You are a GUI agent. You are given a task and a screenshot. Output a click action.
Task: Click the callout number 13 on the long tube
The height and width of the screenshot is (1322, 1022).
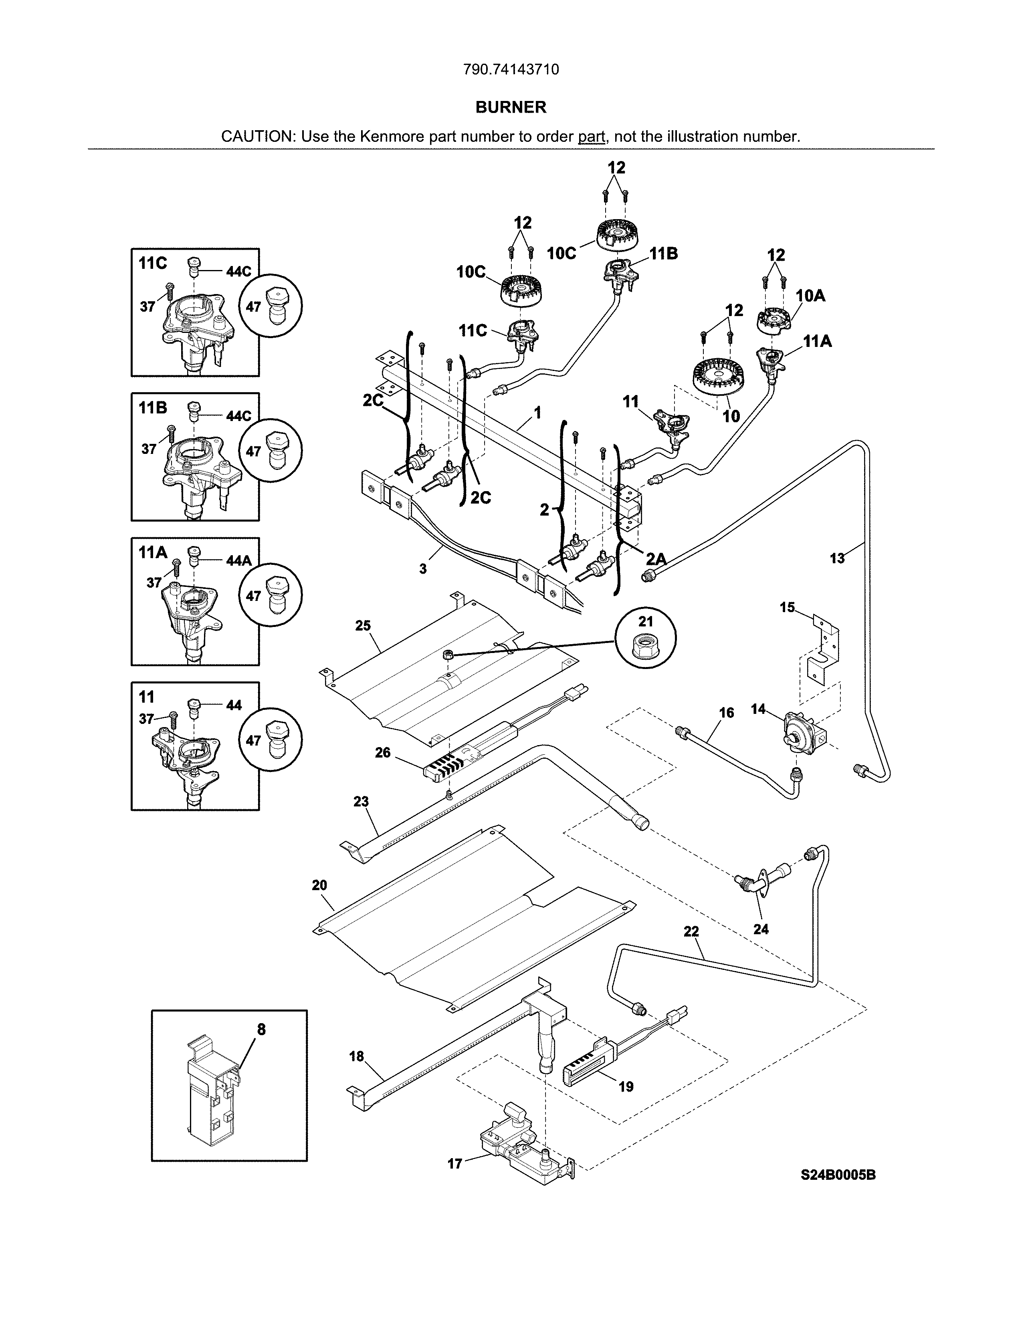(837, 558)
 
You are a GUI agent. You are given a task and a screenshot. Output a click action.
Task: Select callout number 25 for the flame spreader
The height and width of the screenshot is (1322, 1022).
(363, 626)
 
